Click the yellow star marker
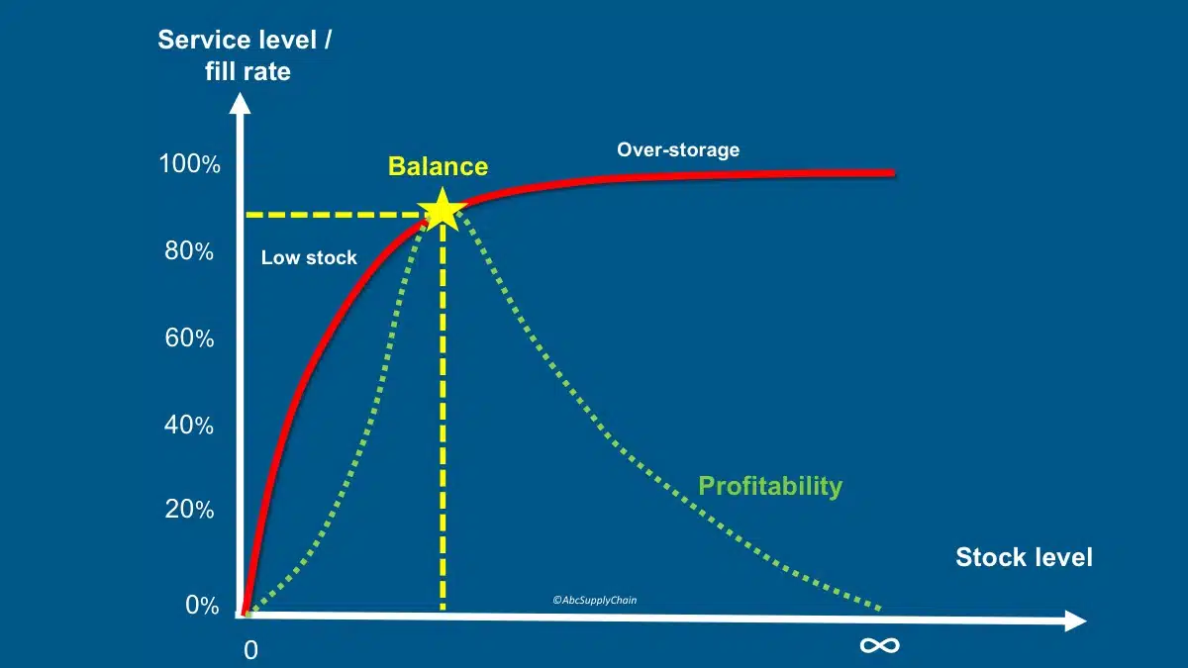[x=442, y=210]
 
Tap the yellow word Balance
[x=438, y=166]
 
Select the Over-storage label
[x=678, y=150]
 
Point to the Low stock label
[x=309, y=257]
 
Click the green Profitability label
[x=770, y=486]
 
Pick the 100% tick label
[x=189, y=164]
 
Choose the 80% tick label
[x=189, y=250]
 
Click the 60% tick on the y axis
[x=189, y=338]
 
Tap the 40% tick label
[x=189, y=426]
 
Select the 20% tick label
[x=189, y=510]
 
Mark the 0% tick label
[x=202, y=606]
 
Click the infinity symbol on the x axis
[x=879, y=645]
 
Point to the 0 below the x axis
[x=250, y=650]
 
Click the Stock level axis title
[x=1024, y=558]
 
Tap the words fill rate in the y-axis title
[x=247, y=71]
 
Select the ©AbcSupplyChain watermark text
[x=595, y=600]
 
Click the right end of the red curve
[x=894, y=173]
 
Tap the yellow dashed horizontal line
[x=335, y=215]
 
